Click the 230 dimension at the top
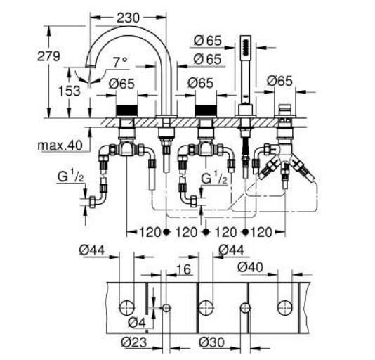[128, 18]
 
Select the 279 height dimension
[48, 57]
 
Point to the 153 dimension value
[70, 91]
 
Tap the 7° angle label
[120, 63]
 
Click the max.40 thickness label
[60, 145]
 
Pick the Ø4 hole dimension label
[137, 323]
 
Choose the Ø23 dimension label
[134, 342]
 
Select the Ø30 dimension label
[211, 342]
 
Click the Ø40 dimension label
[250, 267]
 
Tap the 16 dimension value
[184, 269]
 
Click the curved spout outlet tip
[88, 65]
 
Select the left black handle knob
[126, 110]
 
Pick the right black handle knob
[206, 110]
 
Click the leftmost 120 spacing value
[150, 232]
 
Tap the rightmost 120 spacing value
[261, 232]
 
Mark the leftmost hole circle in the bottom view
[126, 307]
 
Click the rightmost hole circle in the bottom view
[285, 307]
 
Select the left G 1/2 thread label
[70, 177]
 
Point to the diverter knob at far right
[285, 110]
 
